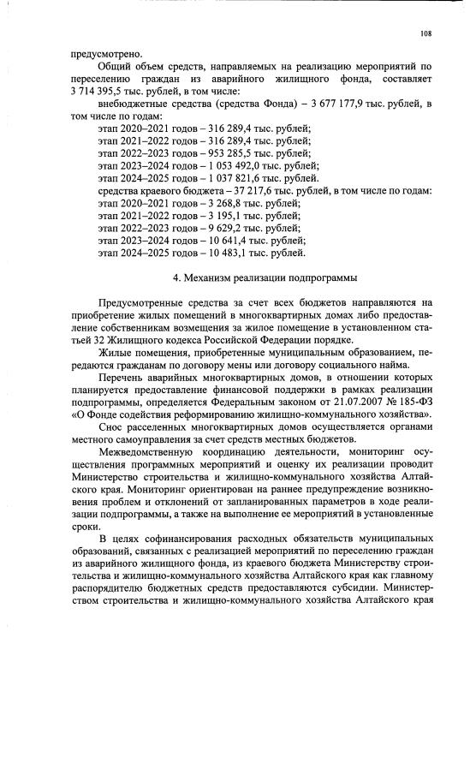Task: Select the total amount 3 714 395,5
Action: (104, 91)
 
